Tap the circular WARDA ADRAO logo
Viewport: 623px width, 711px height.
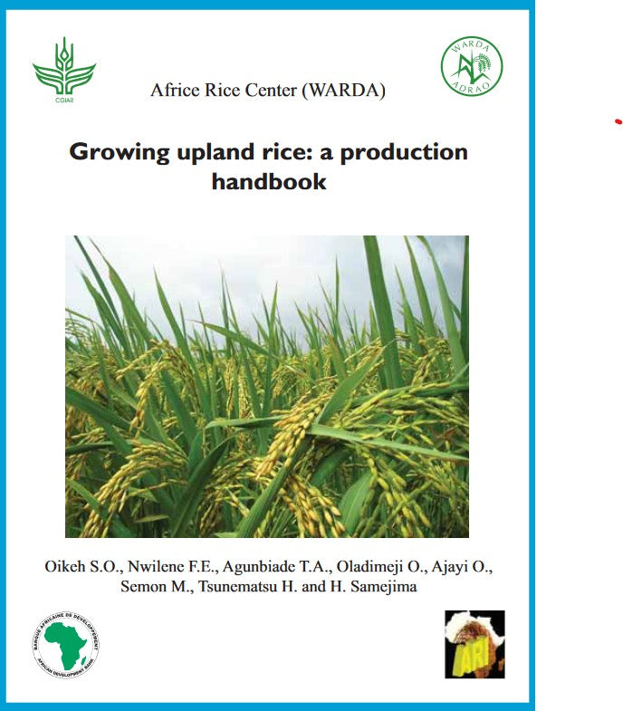point(472,66)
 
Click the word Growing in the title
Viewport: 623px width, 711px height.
point(120,151)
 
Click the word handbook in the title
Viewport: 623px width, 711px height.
point(269,181)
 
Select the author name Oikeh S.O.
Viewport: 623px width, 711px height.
point(79,567)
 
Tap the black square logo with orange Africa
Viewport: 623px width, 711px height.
point(474,644)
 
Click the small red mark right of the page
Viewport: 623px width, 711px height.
point(618,120)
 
